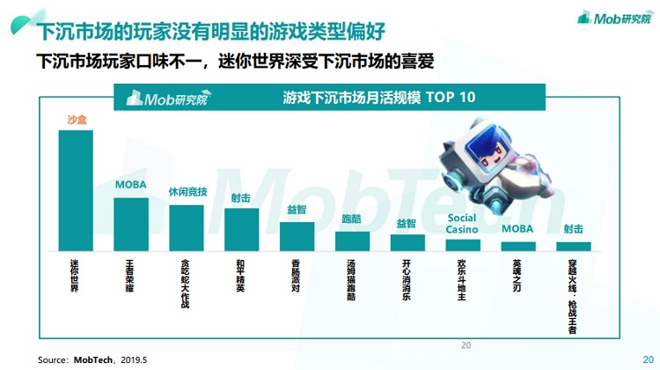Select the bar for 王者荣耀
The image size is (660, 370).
click(131, 225)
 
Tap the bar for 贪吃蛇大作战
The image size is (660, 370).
click(187, 228)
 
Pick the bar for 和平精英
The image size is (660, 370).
click(242, 230)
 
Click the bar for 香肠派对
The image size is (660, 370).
click(297, 237)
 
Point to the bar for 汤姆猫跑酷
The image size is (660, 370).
click(352, 241)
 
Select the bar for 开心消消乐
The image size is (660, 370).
click(407, 243)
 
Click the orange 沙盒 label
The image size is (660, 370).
click(77, 120)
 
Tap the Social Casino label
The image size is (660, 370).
click(462, 224)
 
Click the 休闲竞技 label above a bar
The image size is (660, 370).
click(187, 192)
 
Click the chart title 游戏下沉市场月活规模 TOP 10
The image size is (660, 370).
click(379, 97)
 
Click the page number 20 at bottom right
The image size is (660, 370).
click(648, 359)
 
